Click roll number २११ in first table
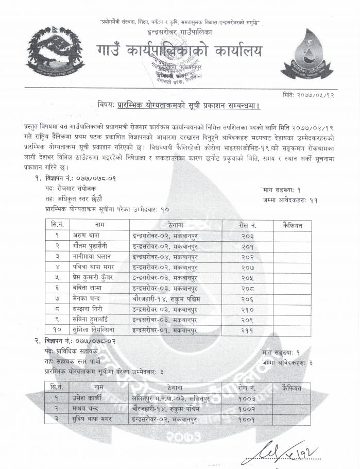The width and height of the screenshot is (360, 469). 248,329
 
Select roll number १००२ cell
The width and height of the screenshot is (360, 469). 248,408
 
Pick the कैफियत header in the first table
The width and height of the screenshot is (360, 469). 293,225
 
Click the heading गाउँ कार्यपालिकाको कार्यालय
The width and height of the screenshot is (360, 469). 179,51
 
